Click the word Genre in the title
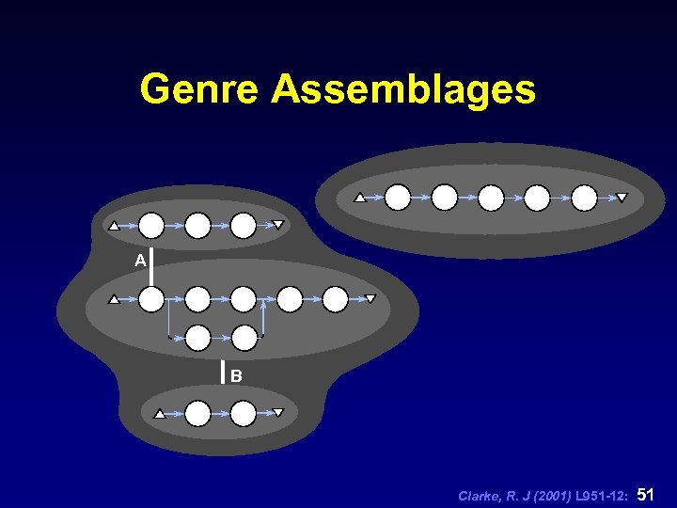200,90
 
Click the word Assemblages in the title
403,90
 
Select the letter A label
140,261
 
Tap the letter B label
236,376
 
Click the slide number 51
646,494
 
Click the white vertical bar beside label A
150,266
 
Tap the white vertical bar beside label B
222,373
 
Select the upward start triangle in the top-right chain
359,198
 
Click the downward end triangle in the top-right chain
621,198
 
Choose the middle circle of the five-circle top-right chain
491,198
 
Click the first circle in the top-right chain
398,198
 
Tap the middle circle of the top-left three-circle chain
197,226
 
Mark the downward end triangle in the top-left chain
277,226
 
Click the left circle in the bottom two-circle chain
197,413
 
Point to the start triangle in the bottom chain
159,413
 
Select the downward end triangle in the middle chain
370,299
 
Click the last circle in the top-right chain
584,198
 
